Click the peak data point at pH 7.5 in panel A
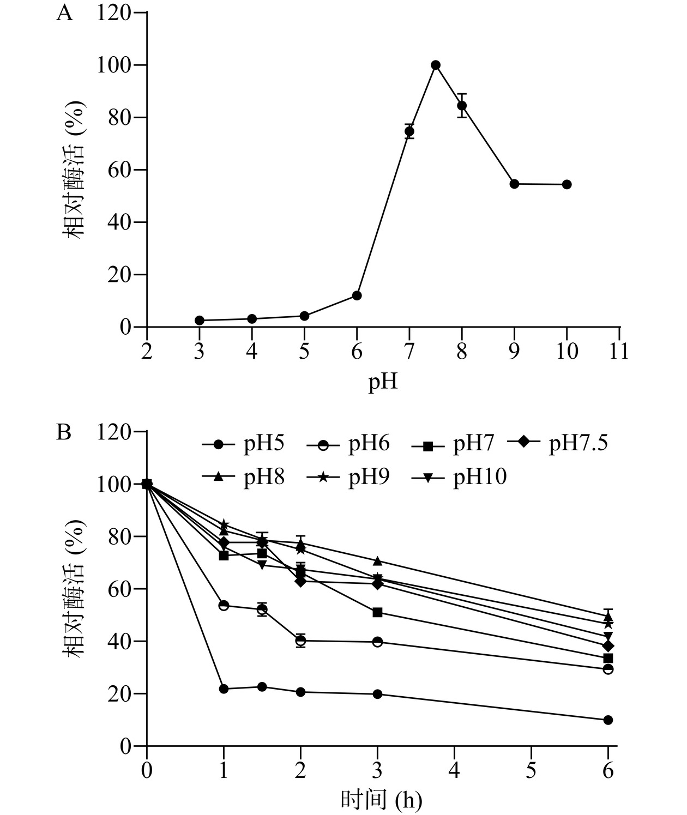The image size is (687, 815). point(436,65)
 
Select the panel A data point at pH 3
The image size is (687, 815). point(200,321)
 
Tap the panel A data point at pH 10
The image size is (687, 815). point(567,184)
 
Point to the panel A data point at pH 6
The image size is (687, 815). point(357,295)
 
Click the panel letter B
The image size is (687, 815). point(64,433)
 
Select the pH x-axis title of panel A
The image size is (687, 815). point(383,382)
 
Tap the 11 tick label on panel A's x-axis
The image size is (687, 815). point(619,351)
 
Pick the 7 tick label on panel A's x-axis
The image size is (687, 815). point(409,351)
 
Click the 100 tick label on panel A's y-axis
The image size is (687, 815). point(113,65)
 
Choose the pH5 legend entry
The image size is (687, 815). point(243,444)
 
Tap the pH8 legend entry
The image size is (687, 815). point(243,477)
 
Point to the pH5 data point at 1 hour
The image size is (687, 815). point(224,689)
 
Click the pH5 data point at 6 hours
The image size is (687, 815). point(608,720)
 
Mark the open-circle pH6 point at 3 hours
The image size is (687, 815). point(377,642)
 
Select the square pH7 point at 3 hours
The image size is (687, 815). point(377,613)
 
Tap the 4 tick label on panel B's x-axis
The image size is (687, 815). point(454,771)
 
